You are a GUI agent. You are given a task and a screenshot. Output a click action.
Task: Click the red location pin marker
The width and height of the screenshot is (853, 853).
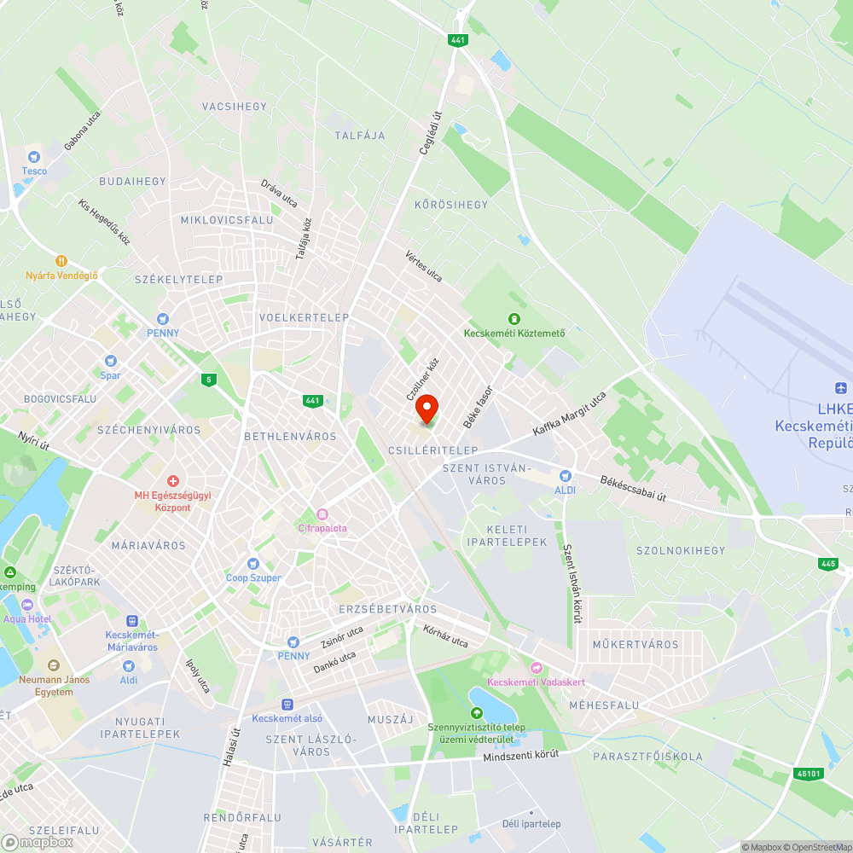point(426,409)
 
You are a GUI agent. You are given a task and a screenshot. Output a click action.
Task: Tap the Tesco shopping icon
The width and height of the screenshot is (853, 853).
point(34,157)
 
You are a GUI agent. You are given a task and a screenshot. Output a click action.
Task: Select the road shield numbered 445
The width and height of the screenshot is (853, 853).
point(827,564)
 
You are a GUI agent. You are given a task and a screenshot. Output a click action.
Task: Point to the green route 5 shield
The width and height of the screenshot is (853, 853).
point(208,379)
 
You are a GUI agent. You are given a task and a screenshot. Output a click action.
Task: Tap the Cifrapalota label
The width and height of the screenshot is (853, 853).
point(322,528)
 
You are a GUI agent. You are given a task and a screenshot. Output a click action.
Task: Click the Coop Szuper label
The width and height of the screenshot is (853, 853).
point(253,577)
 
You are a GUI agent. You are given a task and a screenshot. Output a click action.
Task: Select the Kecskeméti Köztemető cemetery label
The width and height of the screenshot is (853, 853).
point(514,333)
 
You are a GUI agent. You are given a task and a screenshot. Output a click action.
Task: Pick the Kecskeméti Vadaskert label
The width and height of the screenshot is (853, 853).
point(536,682)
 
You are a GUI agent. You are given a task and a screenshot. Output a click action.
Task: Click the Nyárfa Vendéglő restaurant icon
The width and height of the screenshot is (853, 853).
point(61,261)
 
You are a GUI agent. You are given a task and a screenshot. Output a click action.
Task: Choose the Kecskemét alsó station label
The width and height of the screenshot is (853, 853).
point(287,717)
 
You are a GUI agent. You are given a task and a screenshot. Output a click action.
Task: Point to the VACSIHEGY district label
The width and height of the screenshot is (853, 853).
point(235,107)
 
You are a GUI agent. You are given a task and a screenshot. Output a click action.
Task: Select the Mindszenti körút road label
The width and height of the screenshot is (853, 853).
point(520,756)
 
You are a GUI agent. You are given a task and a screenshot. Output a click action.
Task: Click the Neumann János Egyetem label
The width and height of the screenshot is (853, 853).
point(54,685)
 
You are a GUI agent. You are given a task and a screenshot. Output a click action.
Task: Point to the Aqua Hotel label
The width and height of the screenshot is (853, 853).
point(27,618)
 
